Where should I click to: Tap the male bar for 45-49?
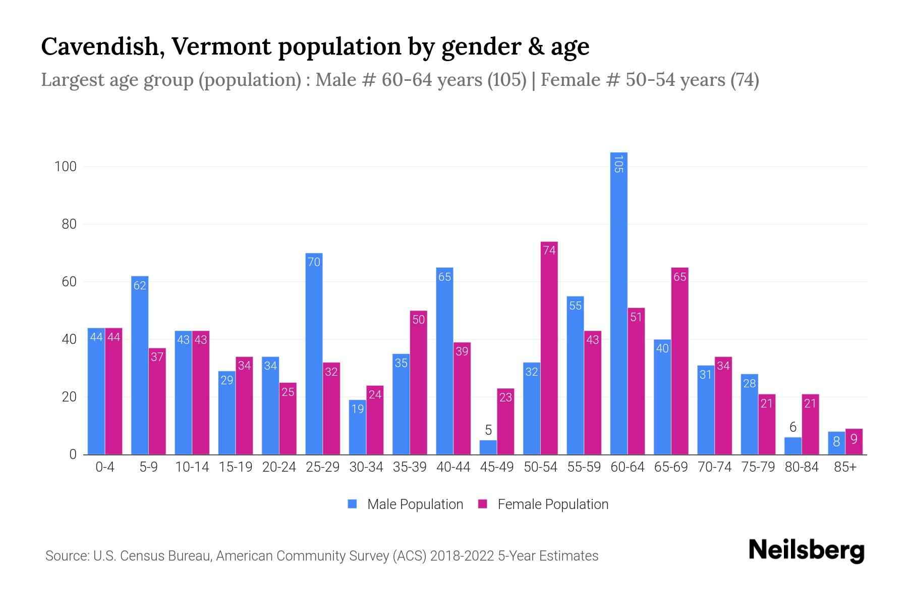(488, 447)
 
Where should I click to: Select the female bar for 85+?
(854, 442)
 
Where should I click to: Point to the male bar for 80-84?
(792, 446)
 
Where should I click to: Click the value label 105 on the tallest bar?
(618, 164)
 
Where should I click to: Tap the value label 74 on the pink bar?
(549, 250)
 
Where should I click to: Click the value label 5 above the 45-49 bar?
(488, 430)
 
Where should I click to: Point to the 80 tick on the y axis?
(69, 224)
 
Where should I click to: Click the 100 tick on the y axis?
(66, 167)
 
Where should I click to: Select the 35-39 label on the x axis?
(410, 467)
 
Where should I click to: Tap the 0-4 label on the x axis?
(105, 467)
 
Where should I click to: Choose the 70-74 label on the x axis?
(714, 467)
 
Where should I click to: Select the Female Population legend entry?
(543, 504)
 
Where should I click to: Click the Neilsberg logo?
(806, 550)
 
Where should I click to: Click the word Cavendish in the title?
(100, 47)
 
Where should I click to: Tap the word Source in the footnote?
(66, 556)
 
